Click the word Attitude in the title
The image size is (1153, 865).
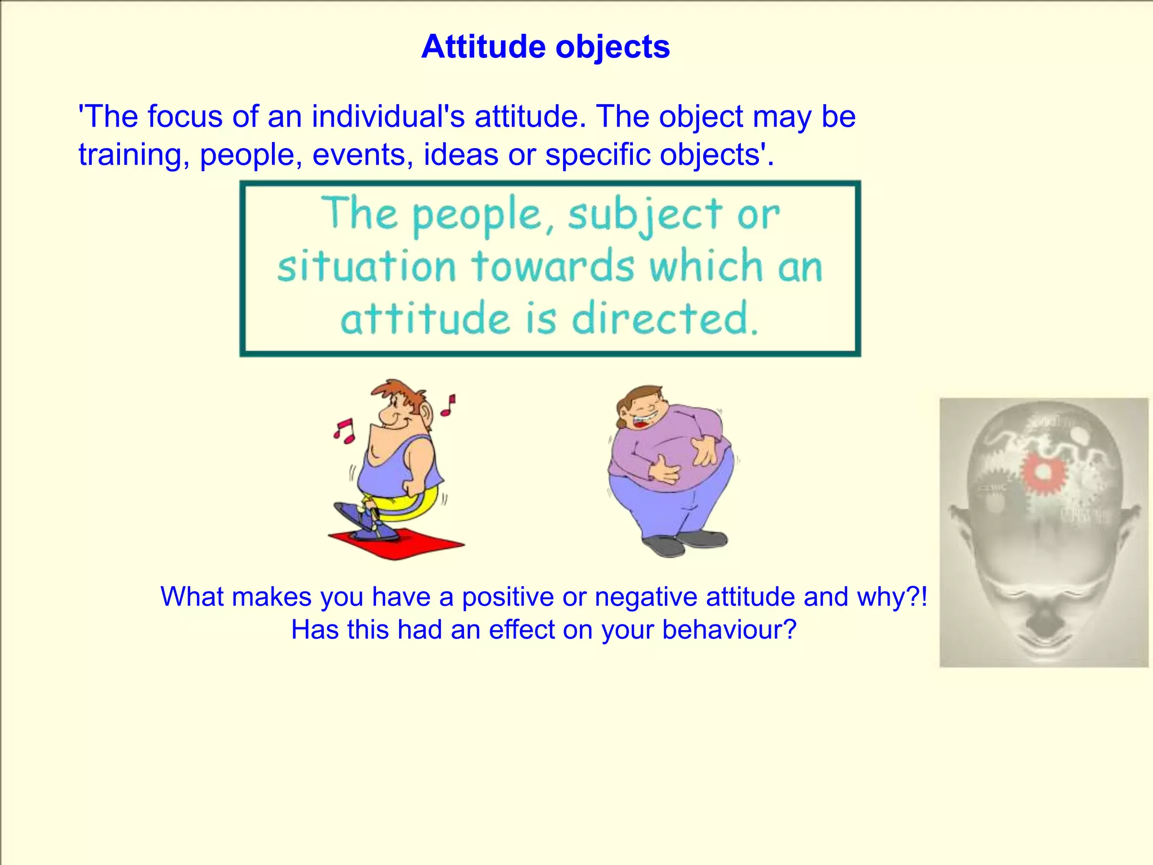coord(484,47)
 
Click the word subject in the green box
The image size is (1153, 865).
coord(645,215)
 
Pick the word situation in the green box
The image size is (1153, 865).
coord(367,266)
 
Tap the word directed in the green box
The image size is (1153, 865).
coord(664,319)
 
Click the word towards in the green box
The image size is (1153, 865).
coord(553,266)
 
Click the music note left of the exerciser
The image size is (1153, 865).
coord(343,431)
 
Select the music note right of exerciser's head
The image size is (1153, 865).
coord(448,405)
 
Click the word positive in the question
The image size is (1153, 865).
coord(507,597)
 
